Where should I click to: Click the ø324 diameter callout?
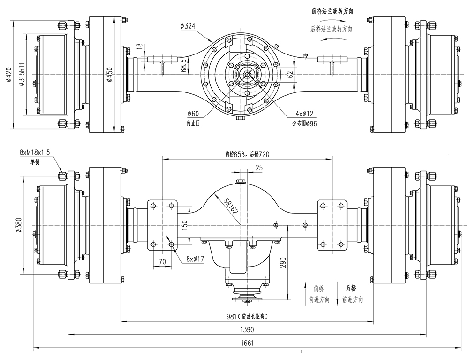tap(188, 26)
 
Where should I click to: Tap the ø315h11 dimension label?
tap(22, 75)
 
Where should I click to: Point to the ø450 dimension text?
tap(109, 75)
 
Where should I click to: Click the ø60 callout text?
tap(193, 114)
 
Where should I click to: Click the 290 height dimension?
tap(283, 262)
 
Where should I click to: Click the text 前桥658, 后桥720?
tap(247, 153)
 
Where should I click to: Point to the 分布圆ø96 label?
tap(304, 123)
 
